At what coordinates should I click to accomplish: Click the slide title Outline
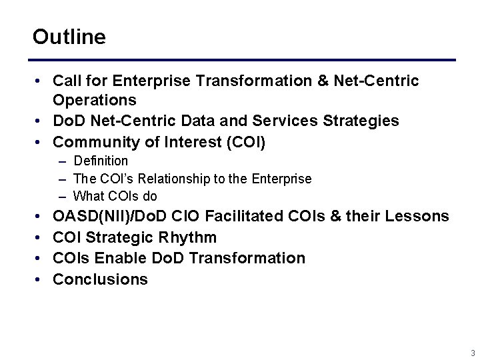click(x=69, y=37)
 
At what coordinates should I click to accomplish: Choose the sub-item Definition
click(x=101, y=161)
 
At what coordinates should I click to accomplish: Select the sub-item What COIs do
click(x=115, y=196)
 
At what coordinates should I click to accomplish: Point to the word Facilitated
click(x=249, y=217)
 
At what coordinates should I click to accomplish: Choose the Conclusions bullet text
click(x=100, y=279)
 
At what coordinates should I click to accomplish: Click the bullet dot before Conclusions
click(x=39, y=279)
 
